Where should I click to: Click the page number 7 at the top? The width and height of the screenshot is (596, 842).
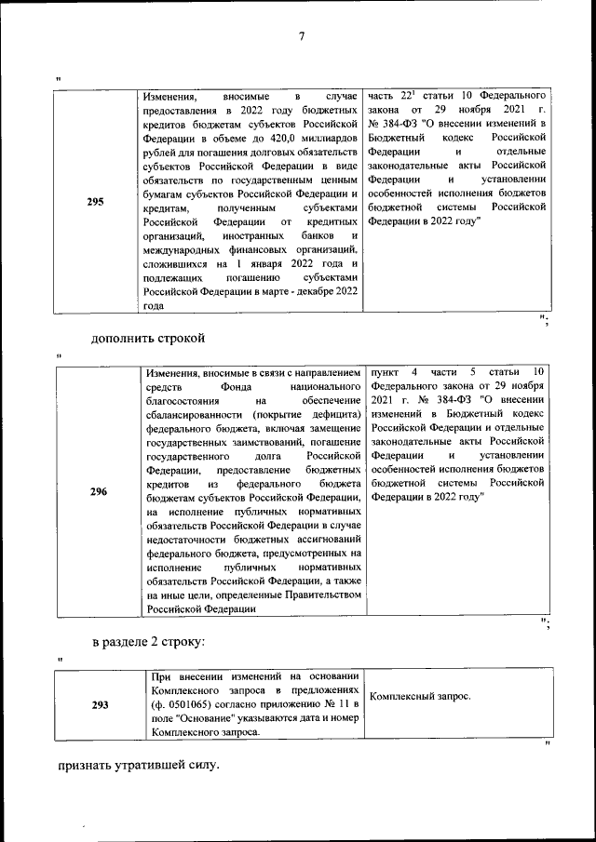[x=301, y=37]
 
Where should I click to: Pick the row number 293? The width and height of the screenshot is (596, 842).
[x=100, y=705]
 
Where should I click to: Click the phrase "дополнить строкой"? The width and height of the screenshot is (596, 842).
[x=147, y=338]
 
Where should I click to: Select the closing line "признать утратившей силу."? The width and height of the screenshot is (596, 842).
[x=139, y=766]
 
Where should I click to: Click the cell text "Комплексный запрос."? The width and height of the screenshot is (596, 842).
[x=420, y=696]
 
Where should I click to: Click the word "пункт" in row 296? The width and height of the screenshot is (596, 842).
[x=384, y=372]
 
